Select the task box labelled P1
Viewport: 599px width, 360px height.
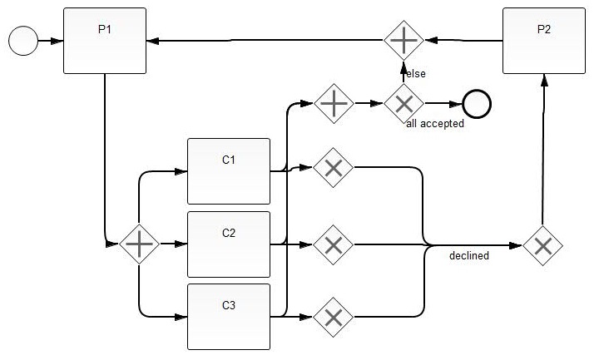tap(105, 41)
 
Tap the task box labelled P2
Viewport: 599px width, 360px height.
tap(544, 41)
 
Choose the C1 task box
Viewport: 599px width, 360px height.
tap(229, 171)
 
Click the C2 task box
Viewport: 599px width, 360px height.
tap(229, 244)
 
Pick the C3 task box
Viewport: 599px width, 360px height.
tap(229, 317)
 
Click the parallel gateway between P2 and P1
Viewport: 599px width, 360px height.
tap(403, 41)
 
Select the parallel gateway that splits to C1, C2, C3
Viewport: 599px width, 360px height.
tap(139, 244)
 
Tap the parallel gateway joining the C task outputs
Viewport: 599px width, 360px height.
tap(334, 103)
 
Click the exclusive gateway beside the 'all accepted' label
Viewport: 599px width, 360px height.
tap(403, 103)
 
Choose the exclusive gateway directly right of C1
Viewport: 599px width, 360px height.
tap(333, 168)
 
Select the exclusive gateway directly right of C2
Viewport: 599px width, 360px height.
tap(333, 244)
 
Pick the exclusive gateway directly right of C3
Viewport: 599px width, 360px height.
tap(333, 318)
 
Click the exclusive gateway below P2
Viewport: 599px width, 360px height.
tap(542, 246)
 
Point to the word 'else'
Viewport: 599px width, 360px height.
tap(416, 73)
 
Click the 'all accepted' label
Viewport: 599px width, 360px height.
tap(435, 123)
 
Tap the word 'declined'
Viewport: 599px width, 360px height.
tap(469, 255)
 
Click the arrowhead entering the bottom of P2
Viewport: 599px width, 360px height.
tap(544, 80)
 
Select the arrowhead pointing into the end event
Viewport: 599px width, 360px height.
tap(456, 104)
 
